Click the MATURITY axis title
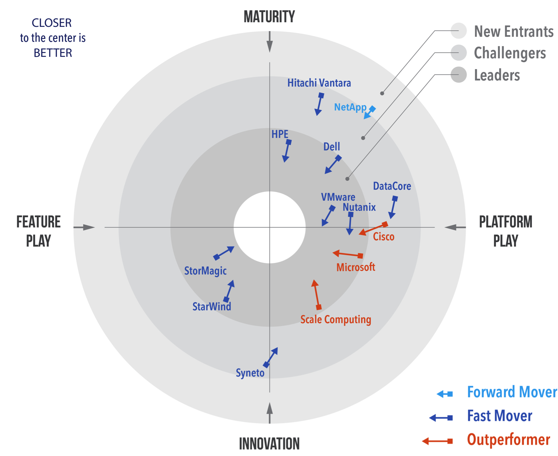click(x=269, y=17)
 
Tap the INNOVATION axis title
click(x=269, y=444)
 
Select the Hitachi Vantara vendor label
click(x=319, y=83)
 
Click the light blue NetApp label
click(x=350, y=107)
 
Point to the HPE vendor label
click(x=280, y=134)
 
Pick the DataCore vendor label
click(x=392, y=186)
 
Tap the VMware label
click(x=338, y=197)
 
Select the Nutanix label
click(x=359, y=207)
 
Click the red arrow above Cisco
click(x=373, y=229)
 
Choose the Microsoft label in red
click(x=356, y=267)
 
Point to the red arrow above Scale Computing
click(x=316, y=295)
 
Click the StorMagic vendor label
click(x=205, y=271)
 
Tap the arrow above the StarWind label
click(x=229, y=291)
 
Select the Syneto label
click(x=250, y=373)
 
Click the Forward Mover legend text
click(x=512, y=392)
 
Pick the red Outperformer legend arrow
click(x=437, y=441)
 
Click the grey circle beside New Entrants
click(x=459, y=31)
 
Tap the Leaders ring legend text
click(x=497, y=75)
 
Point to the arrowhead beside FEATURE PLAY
click(x=89, y=227)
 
